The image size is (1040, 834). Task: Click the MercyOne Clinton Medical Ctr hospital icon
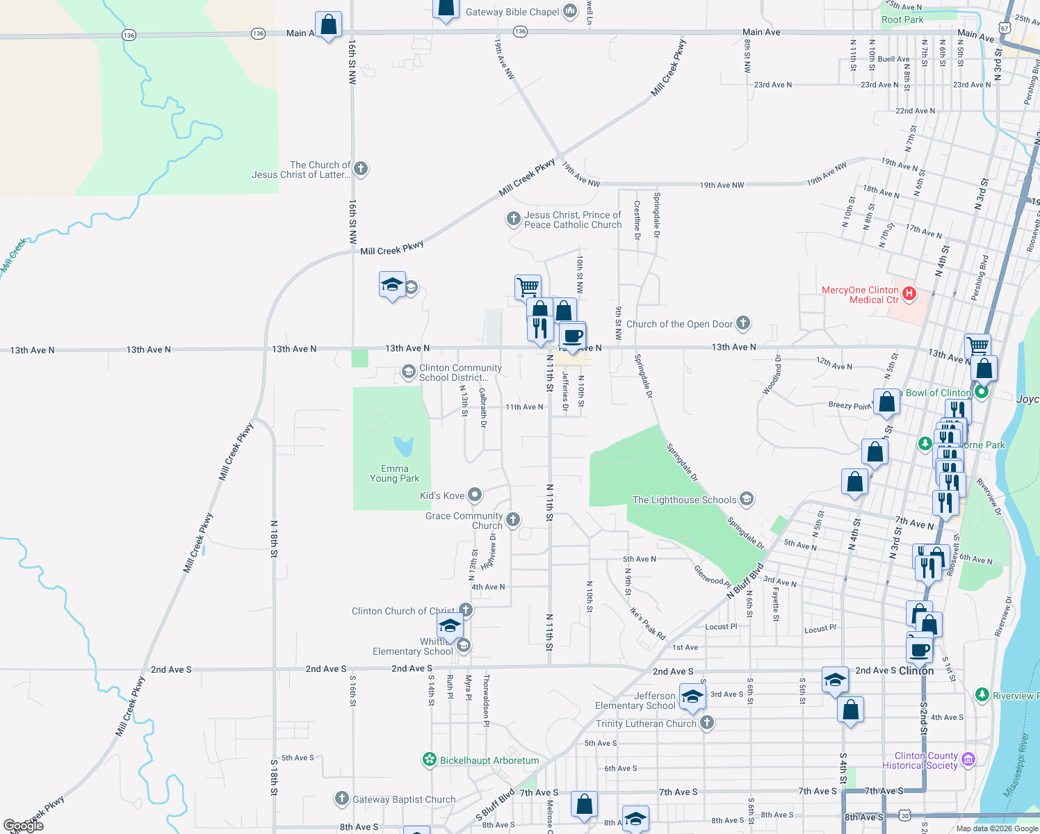coord(909,295)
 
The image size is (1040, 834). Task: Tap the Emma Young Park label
coord(394,473)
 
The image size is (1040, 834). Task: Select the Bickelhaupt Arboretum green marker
coord(430,760)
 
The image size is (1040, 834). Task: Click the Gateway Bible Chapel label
coord(512,12)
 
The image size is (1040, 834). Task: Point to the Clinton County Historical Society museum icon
coord(968,760)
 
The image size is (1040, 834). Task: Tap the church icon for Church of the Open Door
coord(743,323)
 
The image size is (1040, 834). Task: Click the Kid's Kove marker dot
coord(475,495)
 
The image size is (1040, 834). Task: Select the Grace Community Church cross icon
coord(513,520)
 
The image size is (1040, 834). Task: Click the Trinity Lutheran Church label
coord(646,723)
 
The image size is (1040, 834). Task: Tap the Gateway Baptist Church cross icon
coord(341,799)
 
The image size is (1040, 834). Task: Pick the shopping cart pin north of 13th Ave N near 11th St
coord(528,286)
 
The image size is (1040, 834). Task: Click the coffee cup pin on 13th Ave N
coord(572,336)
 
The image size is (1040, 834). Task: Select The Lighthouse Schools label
coord(684,500)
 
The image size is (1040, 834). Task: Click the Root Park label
coord(902,19)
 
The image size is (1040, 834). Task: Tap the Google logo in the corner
coord(24,826)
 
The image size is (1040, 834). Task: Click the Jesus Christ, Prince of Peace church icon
coord(513,220)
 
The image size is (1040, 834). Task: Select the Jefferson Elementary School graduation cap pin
coord(692,697)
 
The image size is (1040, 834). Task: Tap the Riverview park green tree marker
coord(982,694)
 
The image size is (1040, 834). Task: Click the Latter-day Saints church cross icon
coord(360,168)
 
